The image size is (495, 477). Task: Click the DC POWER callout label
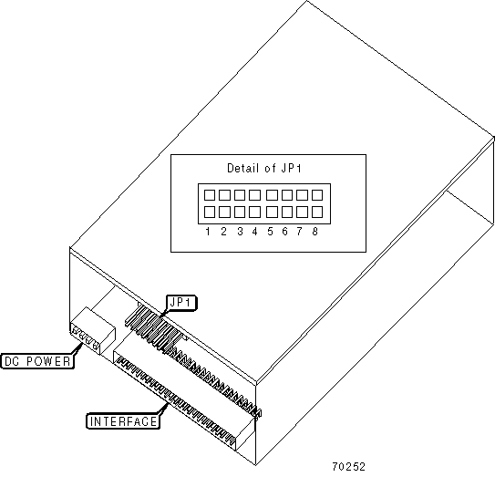click(37, 361)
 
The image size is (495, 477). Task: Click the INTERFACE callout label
click(123, 421)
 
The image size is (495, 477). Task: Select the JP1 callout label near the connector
click(181, 303)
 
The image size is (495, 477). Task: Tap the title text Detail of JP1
click(264, 168)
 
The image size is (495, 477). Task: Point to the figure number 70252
click(348, 466)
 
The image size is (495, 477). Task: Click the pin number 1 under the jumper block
click(208, 232)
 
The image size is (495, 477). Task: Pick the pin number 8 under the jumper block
click(315, 232)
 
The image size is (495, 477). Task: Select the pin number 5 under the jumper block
click(270, 232)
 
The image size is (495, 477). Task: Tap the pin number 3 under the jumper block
click(240, 232)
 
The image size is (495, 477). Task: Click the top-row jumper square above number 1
click(210, 195)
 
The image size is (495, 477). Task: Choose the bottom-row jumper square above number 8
click(317, 212)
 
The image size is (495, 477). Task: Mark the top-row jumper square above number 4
click(254, 195)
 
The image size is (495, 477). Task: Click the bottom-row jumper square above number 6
click(286, 212)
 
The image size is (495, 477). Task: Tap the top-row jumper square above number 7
click(302, 195)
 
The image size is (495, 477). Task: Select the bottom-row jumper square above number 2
click(224, 212)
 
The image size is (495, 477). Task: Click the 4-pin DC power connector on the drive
click(92, 331)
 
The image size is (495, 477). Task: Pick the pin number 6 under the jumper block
click(284, 232)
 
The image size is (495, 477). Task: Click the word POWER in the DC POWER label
click(48, 361)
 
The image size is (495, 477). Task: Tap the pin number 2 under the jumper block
click(223, 232)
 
